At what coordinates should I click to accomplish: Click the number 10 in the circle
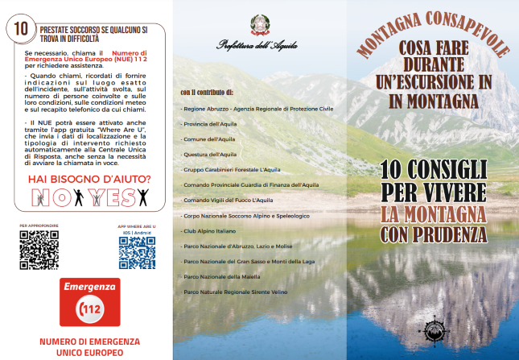[x=18, y=27]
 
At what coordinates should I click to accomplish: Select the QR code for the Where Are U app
[x=137, y=251]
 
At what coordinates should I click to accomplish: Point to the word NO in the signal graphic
[x=52, y=197]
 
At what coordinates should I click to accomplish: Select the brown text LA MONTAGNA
[x=434, y=215]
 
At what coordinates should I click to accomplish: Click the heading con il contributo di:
[x=207, y=92]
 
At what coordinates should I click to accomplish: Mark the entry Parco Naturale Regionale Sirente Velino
[x=235, y=292]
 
